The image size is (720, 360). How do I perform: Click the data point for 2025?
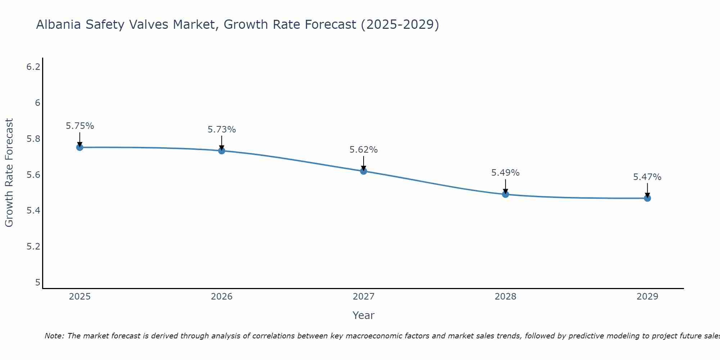click(x=80, y=147)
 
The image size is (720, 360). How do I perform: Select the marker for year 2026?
click(x=222, y=151)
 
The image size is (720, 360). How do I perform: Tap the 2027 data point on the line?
click(x=364, y=171)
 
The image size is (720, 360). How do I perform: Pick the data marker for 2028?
click(x=505, y=194)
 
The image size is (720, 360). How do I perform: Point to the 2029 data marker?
click(x=647, y=198)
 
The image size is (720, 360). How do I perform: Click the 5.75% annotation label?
click(x=80, y=126)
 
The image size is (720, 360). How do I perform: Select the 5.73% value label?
click(x=222, y=130)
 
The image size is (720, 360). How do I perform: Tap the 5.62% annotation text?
click(x=364, y=150)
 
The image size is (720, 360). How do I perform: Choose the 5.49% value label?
click(x=505, y=173)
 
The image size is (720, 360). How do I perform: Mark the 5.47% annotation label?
click(x=647, y=177)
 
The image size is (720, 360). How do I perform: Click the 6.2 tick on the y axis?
click(x=33, y=67)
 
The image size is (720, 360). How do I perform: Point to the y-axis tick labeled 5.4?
click(x=33, y=211)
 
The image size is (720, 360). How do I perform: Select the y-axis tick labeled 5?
click(x=37, y=283)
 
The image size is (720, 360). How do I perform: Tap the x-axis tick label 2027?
click(x=364, y=297)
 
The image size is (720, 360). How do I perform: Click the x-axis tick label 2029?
click(x=647, y=297)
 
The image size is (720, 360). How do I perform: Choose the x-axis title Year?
click(x=364, y=315)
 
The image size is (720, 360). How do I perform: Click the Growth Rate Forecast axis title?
click(x=9, y=173)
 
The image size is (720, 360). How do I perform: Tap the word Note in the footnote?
click(x=54, y=336)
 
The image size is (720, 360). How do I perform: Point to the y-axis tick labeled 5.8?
click(x=33, y=139)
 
